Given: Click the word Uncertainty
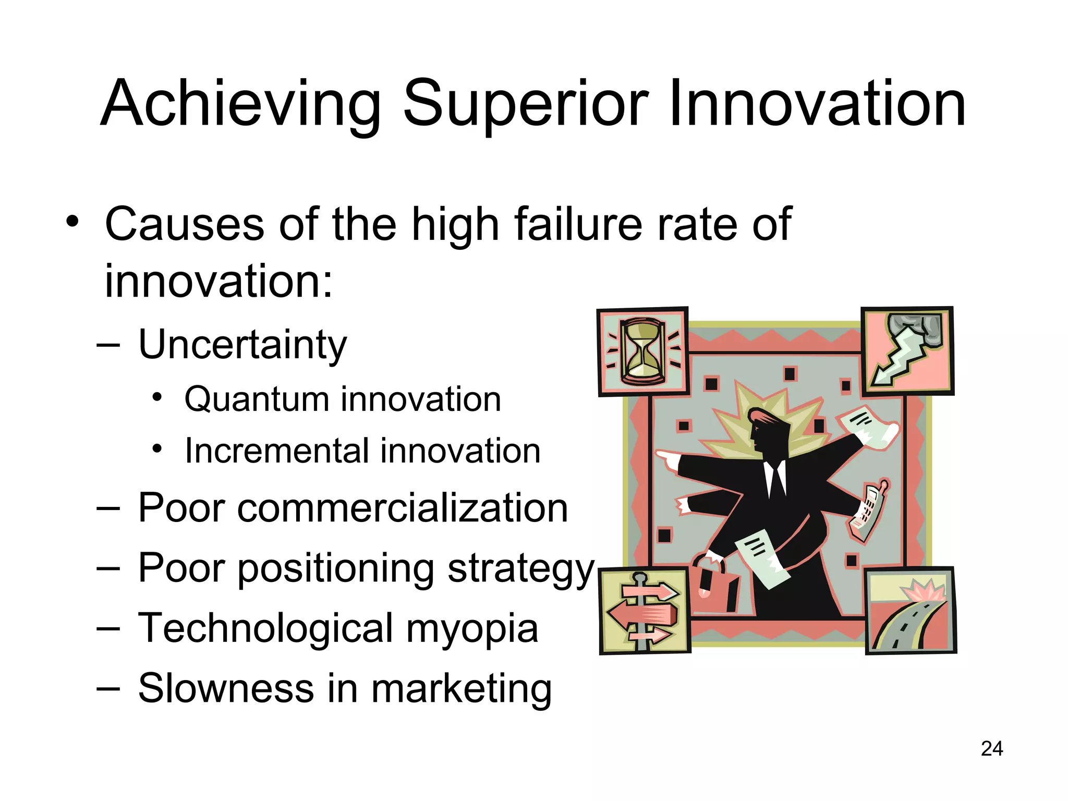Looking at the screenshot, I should click(x=242, y=345).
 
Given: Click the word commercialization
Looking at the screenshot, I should click(x=402, y=508).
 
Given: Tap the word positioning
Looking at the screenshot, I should click(x=336, y=568).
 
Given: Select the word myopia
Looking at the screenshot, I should click(x=472, y=629).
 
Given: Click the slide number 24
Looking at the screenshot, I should click(x=991, y=749).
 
